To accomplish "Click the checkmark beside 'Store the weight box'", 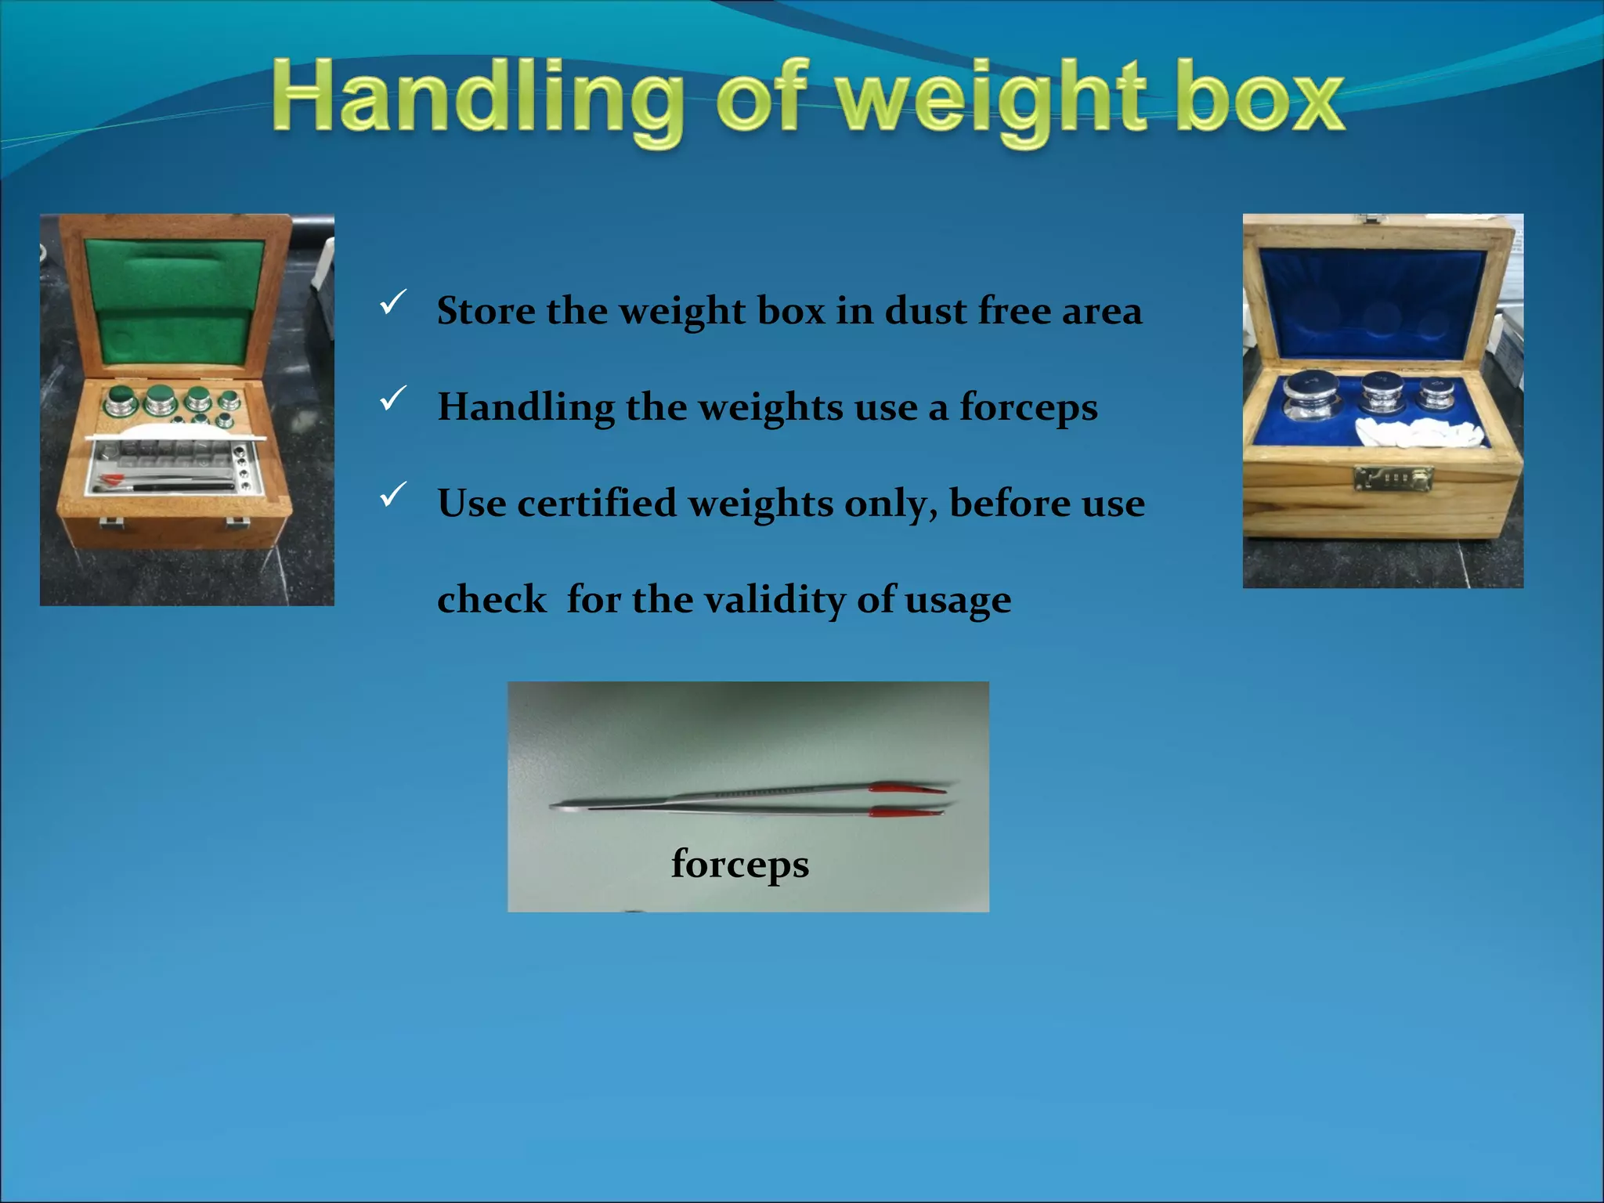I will (x=392, y=302).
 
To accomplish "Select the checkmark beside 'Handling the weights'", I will (x=392, y=399).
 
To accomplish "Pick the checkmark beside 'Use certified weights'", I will (x=392, y=495).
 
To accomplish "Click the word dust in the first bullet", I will (x=925, y=311).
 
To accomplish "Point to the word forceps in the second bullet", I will (x=1028, y=408).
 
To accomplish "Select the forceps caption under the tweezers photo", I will (x=740, y=864).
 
